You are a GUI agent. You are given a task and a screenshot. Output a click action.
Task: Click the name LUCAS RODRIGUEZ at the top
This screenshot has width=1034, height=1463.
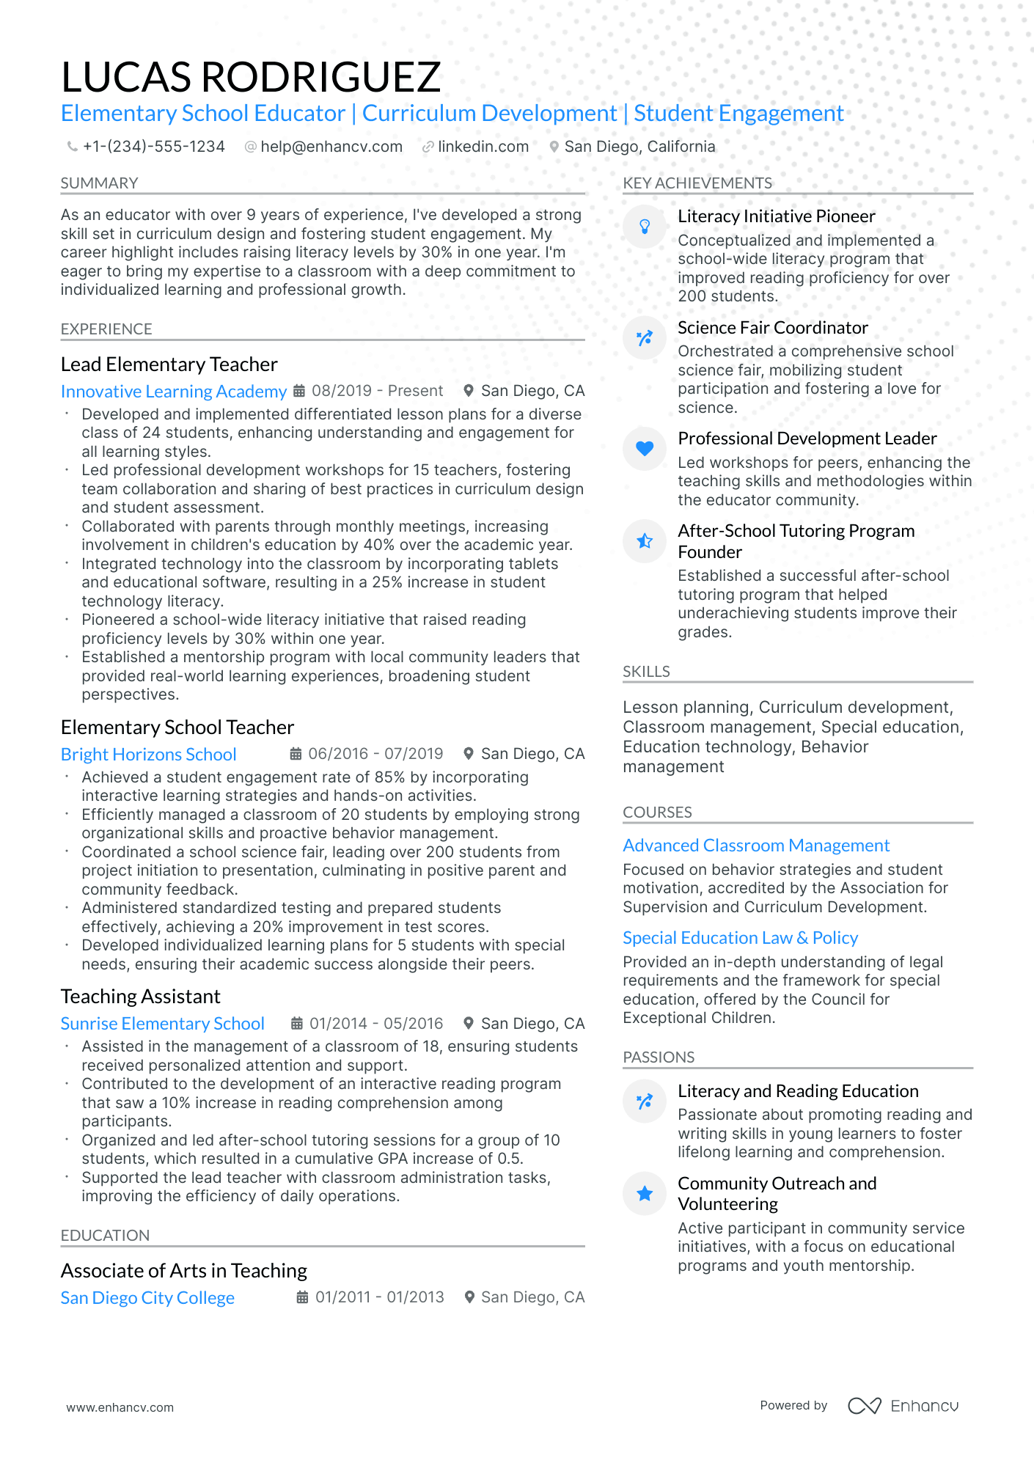[x=251, y=77]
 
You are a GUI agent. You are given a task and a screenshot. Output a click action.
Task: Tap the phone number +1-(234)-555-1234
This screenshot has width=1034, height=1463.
[x=153, y=147]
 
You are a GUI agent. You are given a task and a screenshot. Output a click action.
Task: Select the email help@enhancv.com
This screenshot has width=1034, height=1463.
[x=331, y=147]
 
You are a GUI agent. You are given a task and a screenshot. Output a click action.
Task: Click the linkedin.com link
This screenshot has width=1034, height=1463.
[x=483, y=147]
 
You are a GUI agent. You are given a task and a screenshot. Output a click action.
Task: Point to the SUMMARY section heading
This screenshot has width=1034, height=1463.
[x=99, y=183]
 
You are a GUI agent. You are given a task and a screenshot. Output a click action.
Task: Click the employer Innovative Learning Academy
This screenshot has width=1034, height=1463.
[x=174, y=392]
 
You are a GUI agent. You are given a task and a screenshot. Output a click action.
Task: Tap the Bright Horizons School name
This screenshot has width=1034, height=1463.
[x=148, y=755]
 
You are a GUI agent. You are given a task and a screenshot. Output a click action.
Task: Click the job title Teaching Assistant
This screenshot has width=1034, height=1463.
[x=140, y=997]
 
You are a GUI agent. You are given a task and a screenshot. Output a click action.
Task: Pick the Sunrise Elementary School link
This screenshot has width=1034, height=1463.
[x=162, y=1024]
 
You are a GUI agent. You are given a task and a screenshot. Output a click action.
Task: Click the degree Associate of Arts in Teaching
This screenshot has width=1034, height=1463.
[x=183, y=1271]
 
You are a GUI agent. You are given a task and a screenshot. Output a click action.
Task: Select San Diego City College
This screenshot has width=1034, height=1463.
[x=147, y=1298]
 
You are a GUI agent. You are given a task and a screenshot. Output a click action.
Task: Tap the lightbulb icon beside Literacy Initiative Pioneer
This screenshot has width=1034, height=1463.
[x=645, y=227]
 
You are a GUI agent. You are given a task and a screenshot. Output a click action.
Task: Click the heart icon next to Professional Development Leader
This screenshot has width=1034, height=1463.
[x=645, y=448]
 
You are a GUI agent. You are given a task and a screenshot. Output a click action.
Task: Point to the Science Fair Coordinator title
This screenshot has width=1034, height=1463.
[x=772, y=328]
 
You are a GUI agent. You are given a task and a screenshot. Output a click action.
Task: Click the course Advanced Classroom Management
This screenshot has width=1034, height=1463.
[x=756, y=846]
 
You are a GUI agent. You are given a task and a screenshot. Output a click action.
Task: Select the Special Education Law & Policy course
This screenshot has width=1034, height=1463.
[x=740, y=938]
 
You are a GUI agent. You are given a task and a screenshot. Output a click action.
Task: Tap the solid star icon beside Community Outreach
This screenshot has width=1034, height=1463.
[x=645, y=1194]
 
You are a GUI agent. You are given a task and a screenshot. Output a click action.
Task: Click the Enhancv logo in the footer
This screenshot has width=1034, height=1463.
[x=903, y=1406]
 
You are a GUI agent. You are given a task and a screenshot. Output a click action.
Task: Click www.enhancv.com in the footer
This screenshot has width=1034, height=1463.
[x=120, y=1407]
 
